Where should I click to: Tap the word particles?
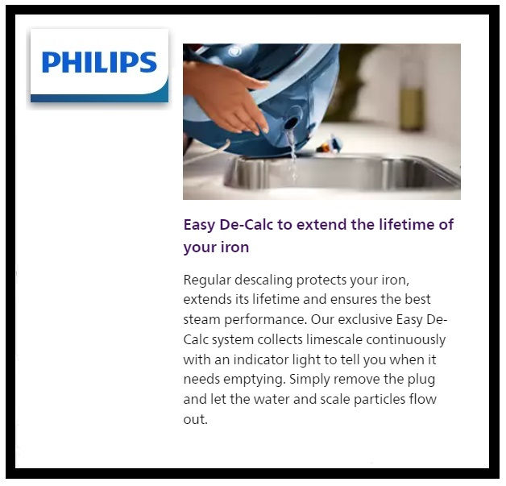tap(377, 399)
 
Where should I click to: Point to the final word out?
tap(195, 419)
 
